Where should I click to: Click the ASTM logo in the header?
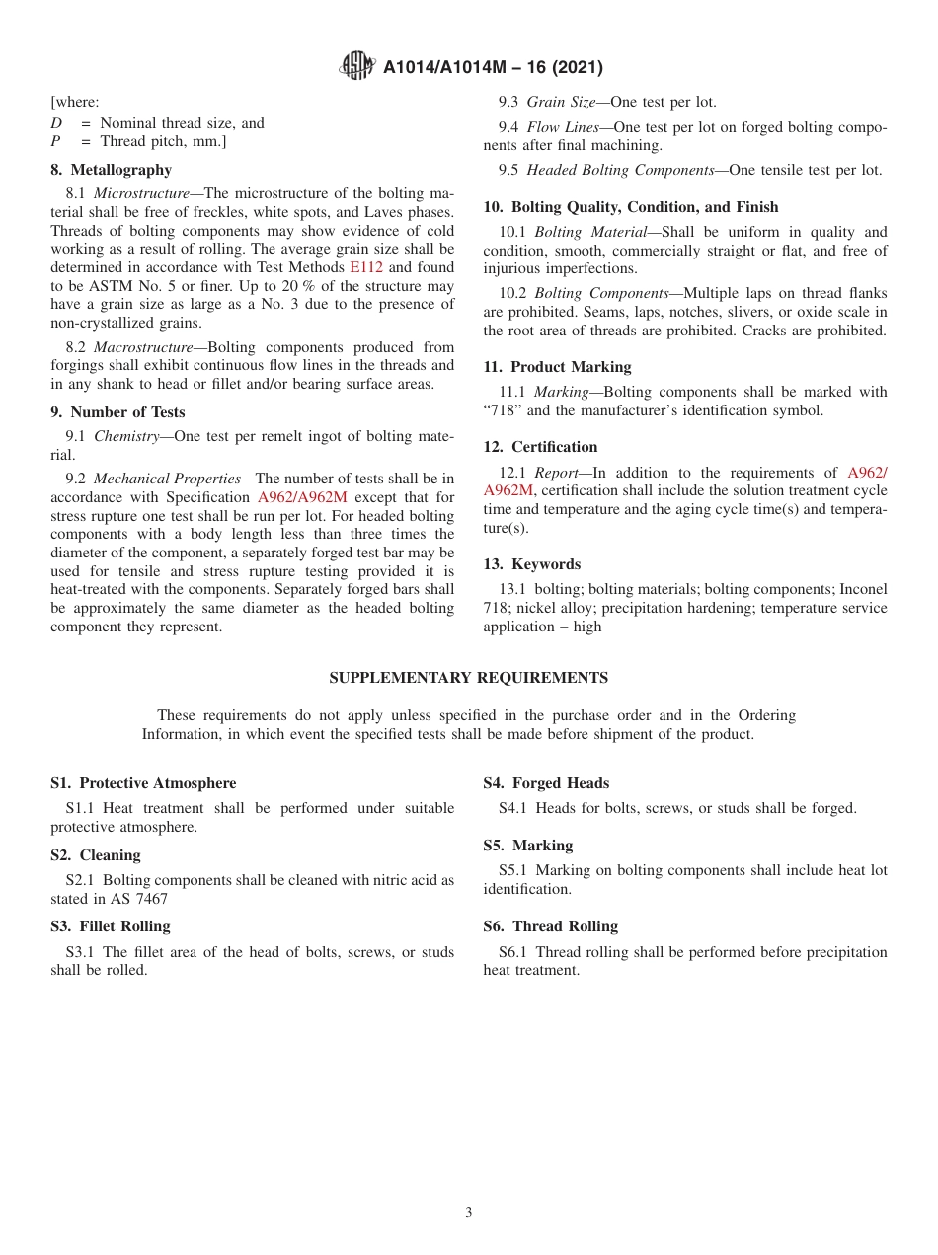tap(356, 66)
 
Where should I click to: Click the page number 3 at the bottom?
tap(469, 1213)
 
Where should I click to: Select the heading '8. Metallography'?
tap(111, 170)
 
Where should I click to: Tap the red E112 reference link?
tap(365, 267)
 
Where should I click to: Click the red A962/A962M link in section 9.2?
tap(301, 497)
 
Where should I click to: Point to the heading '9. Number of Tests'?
tap(117, 412)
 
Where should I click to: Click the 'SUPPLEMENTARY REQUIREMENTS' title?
tap(468, 678)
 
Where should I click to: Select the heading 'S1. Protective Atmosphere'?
tap(143, 783)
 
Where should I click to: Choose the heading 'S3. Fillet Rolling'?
tap(111, 926)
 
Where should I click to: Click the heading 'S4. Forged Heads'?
tap(546, 783)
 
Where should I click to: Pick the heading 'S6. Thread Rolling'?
tap(550, 926)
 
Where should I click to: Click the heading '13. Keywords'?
tap(531, 564)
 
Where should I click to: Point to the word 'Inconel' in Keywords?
tap(863, 589)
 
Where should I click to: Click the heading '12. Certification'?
tap(540, 447)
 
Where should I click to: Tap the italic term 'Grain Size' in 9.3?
tap(563, 102)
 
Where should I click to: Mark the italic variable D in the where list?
tap(56, 123)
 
